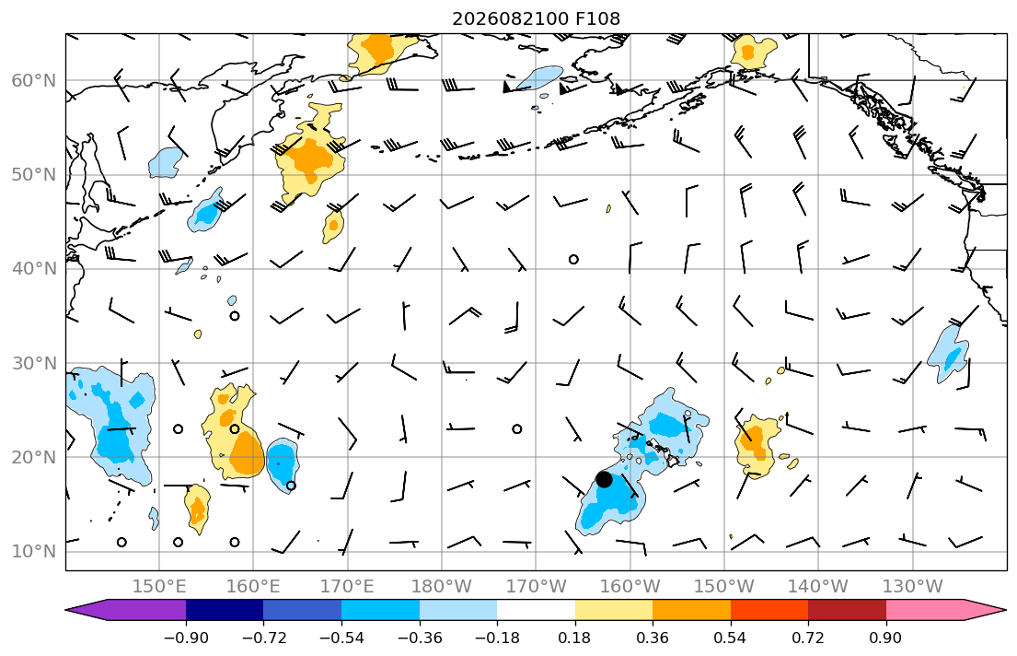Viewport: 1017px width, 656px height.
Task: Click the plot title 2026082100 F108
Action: [536, 18]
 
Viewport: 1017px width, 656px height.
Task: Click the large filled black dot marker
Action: [604, 479]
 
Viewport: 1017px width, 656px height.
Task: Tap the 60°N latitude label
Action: [34, 80]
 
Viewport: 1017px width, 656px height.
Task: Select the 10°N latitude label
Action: [34, 552]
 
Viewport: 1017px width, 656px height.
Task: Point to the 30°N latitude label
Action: [34, 363]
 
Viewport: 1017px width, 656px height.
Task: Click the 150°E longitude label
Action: [159, 587]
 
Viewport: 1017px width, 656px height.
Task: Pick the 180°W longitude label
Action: [442, 587]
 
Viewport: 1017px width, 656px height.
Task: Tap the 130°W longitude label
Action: [913, 587]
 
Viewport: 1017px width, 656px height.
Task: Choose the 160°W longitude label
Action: [630, 587]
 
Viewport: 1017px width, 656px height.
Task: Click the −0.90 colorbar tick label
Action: [186, 638]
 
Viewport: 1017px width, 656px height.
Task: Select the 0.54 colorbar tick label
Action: [731, 638]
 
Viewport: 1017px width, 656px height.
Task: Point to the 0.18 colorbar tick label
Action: [574, 638]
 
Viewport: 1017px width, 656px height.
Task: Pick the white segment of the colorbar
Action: [536, 610]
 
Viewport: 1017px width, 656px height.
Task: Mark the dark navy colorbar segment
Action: [225, 610]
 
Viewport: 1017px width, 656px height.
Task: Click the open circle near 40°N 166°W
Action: [573, 259]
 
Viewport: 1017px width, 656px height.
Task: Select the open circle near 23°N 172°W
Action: [517, 428]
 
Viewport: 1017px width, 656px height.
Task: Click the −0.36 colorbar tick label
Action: [419, 638]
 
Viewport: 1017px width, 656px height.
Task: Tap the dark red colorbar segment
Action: [847, 610]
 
